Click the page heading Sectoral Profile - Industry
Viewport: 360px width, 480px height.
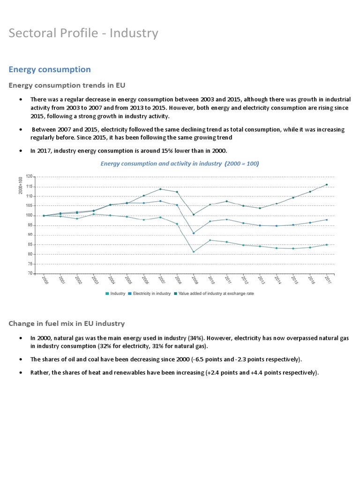coord(83,33)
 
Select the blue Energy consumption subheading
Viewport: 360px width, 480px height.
coord(50,69)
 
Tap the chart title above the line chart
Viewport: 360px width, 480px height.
coord(180,164)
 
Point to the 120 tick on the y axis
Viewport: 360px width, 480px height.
coord(29,177)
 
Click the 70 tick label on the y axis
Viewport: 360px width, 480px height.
coord(30,273)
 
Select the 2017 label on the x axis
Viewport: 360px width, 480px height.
coord(327,280)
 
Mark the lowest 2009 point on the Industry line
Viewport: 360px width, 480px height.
coord(194,252)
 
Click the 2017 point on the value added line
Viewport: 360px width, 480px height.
coord(327,185)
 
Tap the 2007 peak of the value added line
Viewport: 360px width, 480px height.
coord(160,189)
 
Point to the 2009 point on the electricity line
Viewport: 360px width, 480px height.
coord(194,233)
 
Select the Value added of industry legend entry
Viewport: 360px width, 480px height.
coord(214,293)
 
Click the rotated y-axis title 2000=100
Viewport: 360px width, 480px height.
coord(21,186)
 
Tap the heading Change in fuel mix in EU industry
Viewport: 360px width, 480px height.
coord(67,323)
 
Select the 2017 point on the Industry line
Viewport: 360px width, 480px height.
coord(327,245)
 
